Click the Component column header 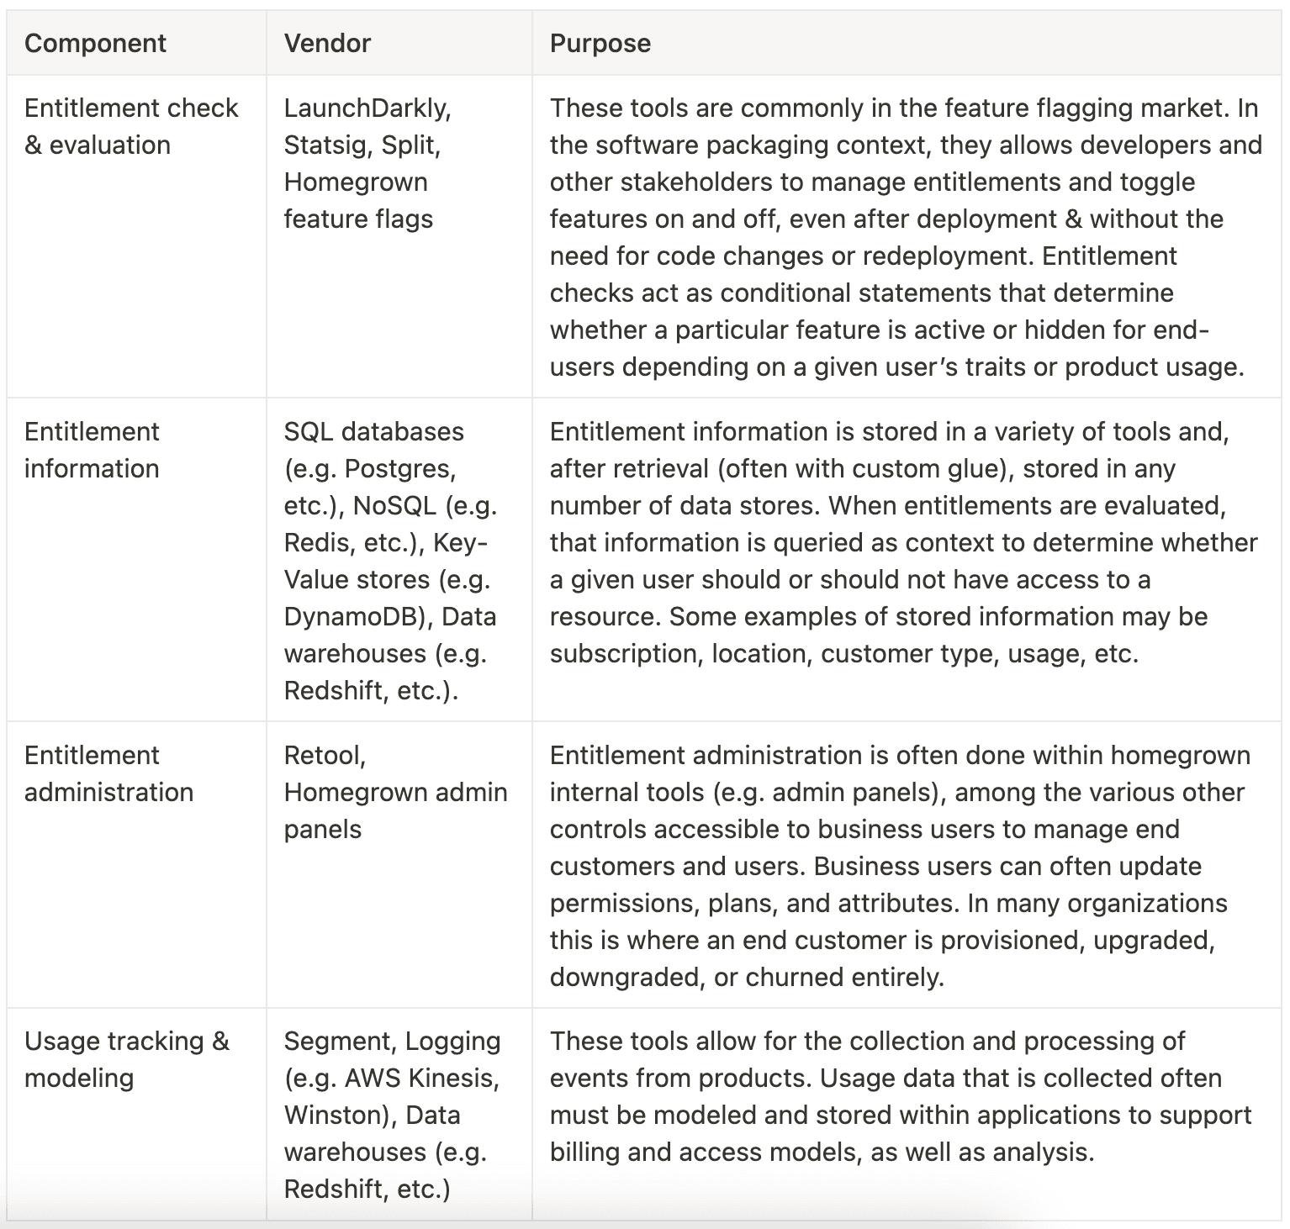tap(95, 44)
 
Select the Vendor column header tap(327, 44)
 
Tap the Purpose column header tap(600, 44)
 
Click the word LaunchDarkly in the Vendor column tap(366, 108)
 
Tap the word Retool tap(324, 756)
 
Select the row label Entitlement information tap(92, 451)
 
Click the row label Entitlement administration tap(108, 774)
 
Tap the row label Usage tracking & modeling tap(126, 1060)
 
